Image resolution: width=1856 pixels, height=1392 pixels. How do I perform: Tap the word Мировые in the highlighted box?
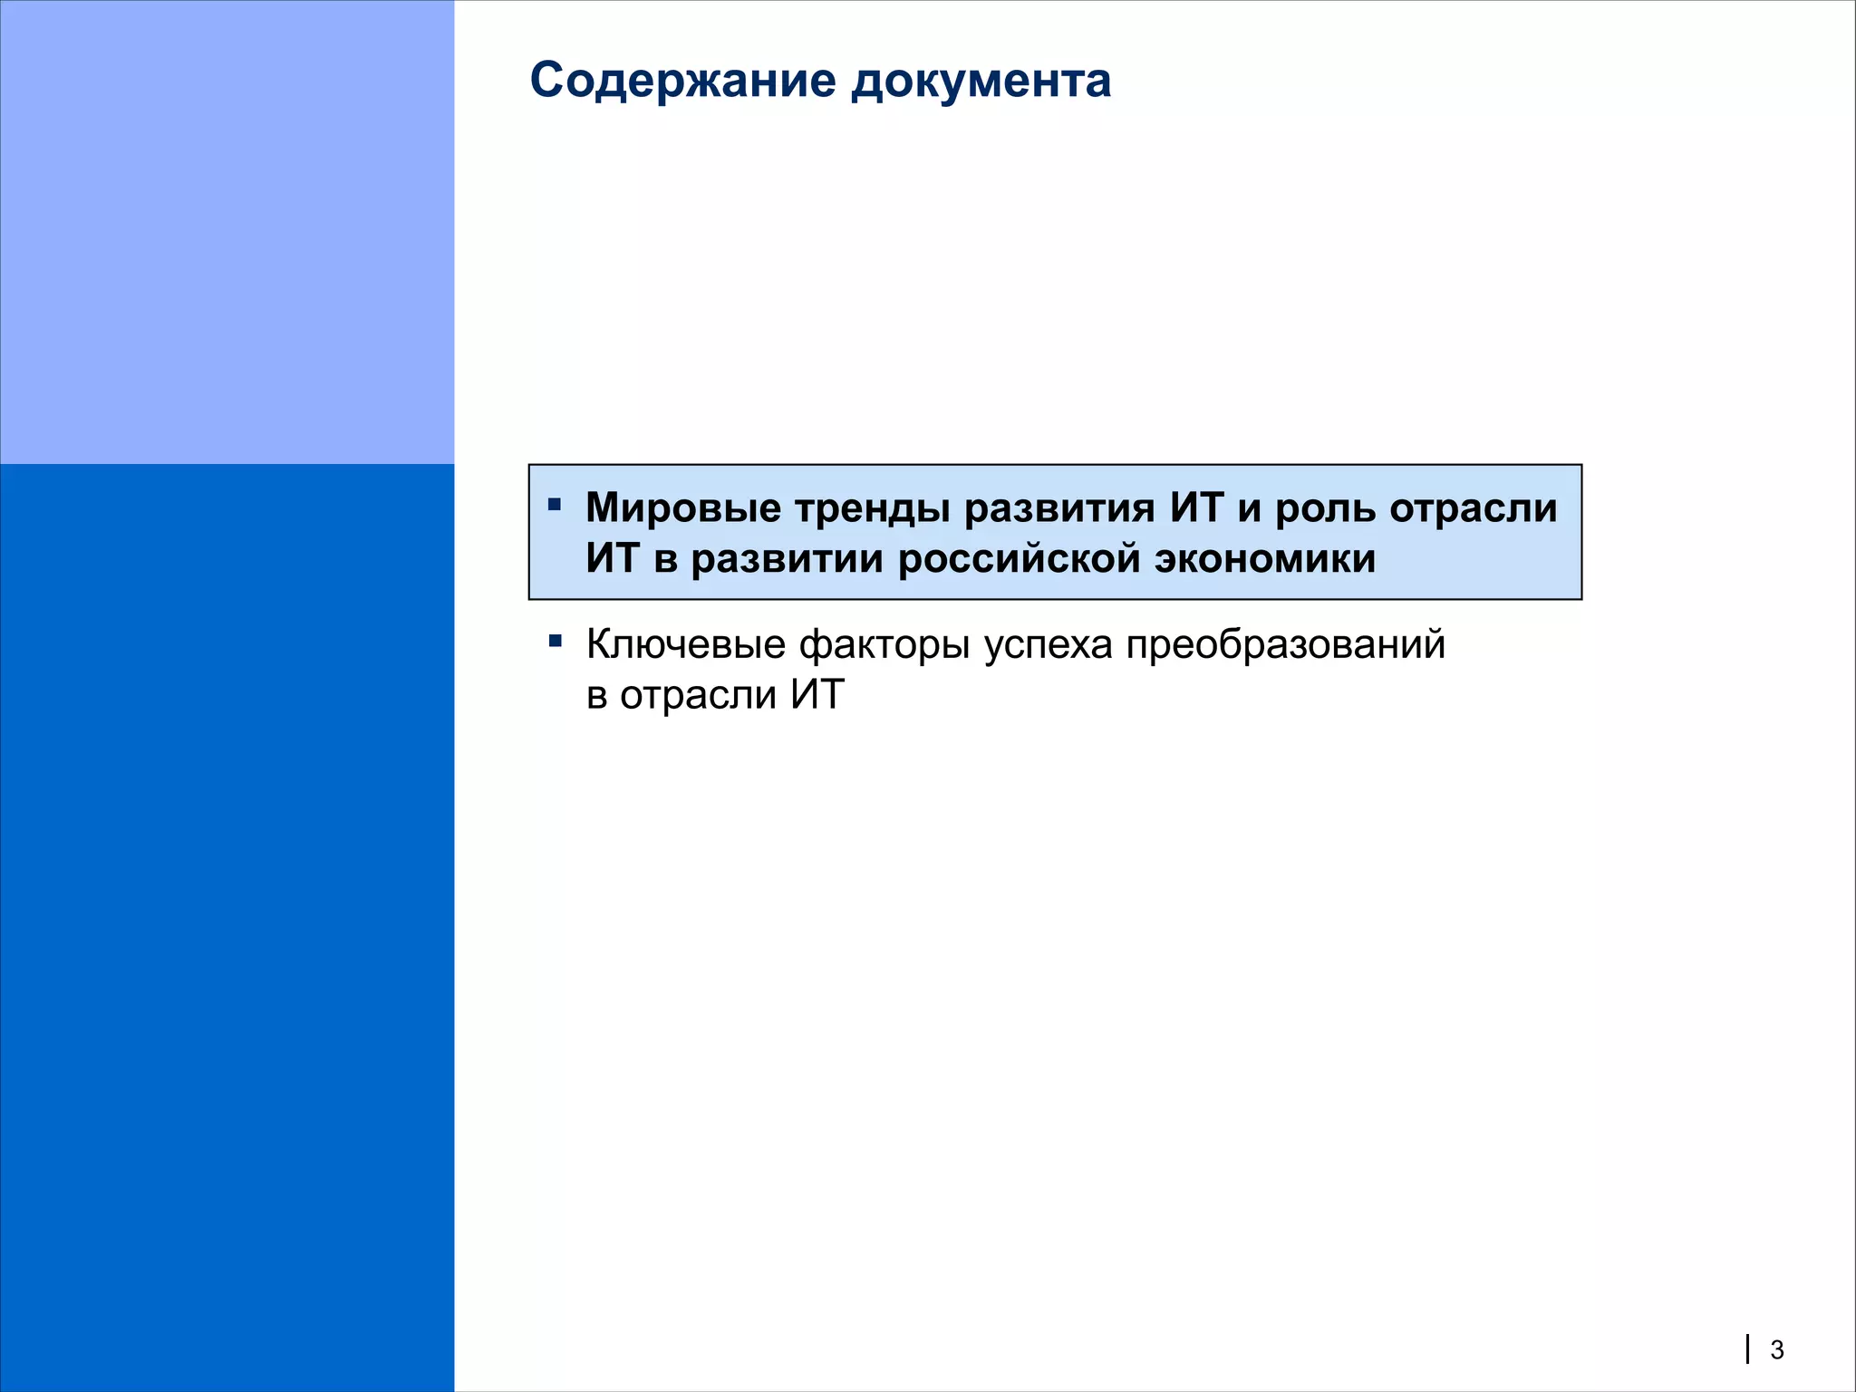click(x=683, y=507)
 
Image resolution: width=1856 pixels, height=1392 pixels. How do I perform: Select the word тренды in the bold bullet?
click(x=872, y=507)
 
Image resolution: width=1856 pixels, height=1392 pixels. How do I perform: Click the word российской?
click(x=1019, y=558)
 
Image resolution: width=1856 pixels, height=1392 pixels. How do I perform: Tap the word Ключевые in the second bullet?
click(x=685, y=644)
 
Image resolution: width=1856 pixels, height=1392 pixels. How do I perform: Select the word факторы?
click(x=884, y=644)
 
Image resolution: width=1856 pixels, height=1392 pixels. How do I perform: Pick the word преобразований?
click(x=1285, y=644)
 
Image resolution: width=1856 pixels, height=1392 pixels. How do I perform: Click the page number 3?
click(x=1777, y=1350)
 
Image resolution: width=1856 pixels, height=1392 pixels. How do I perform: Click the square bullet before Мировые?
click(x=555, y=504)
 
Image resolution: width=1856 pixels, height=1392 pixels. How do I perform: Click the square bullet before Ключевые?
click(x=555, y=642)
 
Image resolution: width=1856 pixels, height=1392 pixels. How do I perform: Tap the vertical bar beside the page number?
click(x=1748, y=1349)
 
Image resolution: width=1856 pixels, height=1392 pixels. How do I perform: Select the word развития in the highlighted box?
click(x=1059, y=507)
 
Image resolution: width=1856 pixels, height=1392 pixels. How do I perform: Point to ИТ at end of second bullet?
click(x=817, y=695)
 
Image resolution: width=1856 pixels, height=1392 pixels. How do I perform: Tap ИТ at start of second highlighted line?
click(x=613, y=558)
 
